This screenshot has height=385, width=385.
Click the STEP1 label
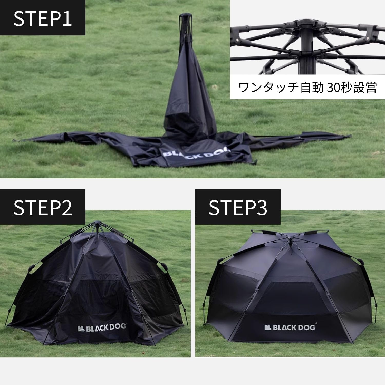[x=42, y=18]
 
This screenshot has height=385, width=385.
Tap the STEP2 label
[x=42, y=207]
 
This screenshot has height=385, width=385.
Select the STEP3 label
[x=238, y=207]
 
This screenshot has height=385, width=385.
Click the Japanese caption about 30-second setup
[x=307, y=88]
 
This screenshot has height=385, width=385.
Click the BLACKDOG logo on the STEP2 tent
[x=102, y=328]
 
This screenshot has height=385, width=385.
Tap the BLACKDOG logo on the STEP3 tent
[x=290, y=327]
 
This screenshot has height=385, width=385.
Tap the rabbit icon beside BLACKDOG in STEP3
[x=268, y=327]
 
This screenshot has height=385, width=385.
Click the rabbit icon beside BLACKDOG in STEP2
[x=81, y=328]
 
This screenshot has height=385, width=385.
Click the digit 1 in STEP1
[x=68, y=18]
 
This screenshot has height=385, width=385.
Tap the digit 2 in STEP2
[x=67, y=207]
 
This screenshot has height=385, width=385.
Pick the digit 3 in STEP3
[x=262, y=207]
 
